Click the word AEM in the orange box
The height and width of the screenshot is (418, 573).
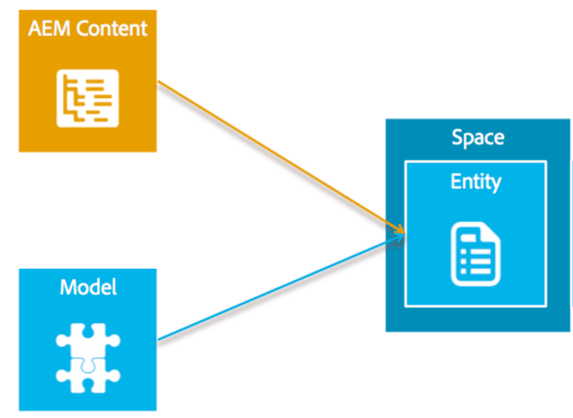[46, 30]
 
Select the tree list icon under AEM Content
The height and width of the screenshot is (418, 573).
[87, 98]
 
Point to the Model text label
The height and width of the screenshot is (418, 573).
[88, 287]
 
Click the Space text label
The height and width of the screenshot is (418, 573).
[477, 138]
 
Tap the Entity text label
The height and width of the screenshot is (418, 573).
[475, 182]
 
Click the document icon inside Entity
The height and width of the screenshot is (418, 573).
[475, 253]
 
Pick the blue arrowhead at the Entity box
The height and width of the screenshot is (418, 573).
[398, 239]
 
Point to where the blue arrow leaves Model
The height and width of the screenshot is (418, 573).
[160, 339]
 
